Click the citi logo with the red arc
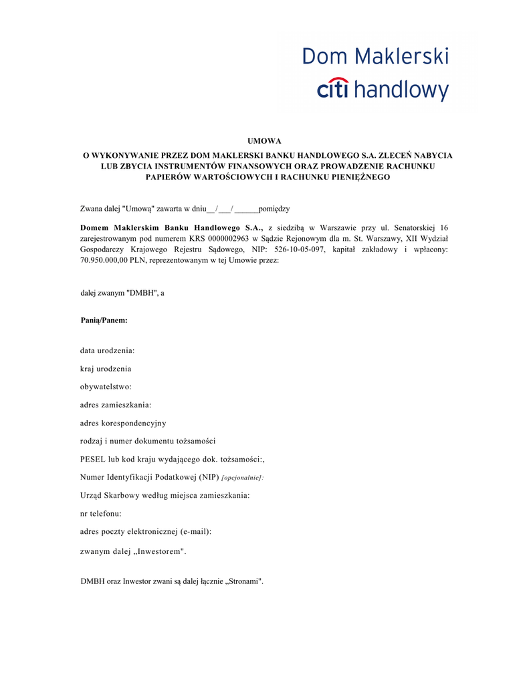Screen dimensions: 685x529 click(x=333, y=88)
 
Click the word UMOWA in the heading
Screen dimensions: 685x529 click(x=264, y=141)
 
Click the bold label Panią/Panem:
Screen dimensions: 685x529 click(x=104, y=320)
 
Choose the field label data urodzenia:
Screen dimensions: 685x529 click(x=107, y=351)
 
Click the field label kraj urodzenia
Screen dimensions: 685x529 click(x=106, y=369)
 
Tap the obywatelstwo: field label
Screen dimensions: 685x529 click(x=106, y=387)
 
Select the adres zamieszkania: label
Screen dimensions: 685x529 click(x=115, y=405)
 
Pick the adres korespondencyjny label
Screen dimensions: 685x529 click(x=123, y=423)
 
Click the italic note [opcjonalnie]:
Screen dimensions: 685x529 click(x=242, y=478)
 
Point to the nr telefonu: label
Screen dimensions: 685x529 click(x=100, y=513)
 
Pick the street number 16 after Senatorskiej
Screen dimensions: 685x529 click(x=443, y=227)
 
